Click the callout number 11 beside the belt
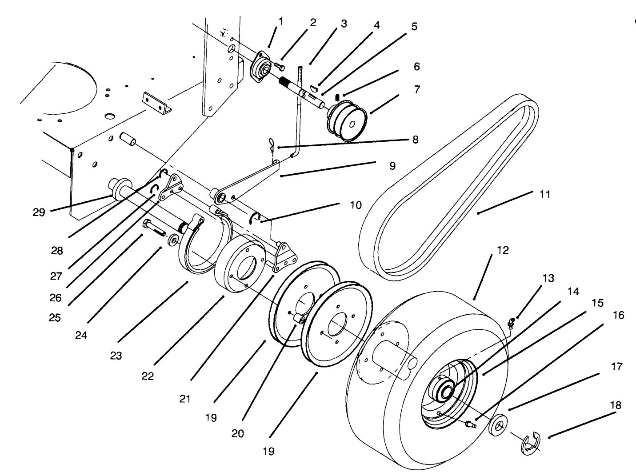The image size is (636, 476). point(544,194)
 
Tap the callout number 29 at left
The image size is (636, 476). point(39,212)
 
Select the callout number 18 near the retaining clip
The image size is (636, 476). point(616,406)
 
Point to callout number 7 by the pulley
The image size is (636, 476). point(416,89)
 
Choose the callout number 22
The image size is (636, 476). point(148,376)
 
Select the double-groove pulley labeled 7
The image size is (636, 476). point(347,121)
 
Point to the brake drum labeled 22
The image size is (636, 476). point(240,267)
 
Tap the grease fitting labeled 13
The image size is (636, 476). point(511,324)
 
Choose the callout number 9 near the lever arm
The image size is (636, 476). point(392,166)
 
